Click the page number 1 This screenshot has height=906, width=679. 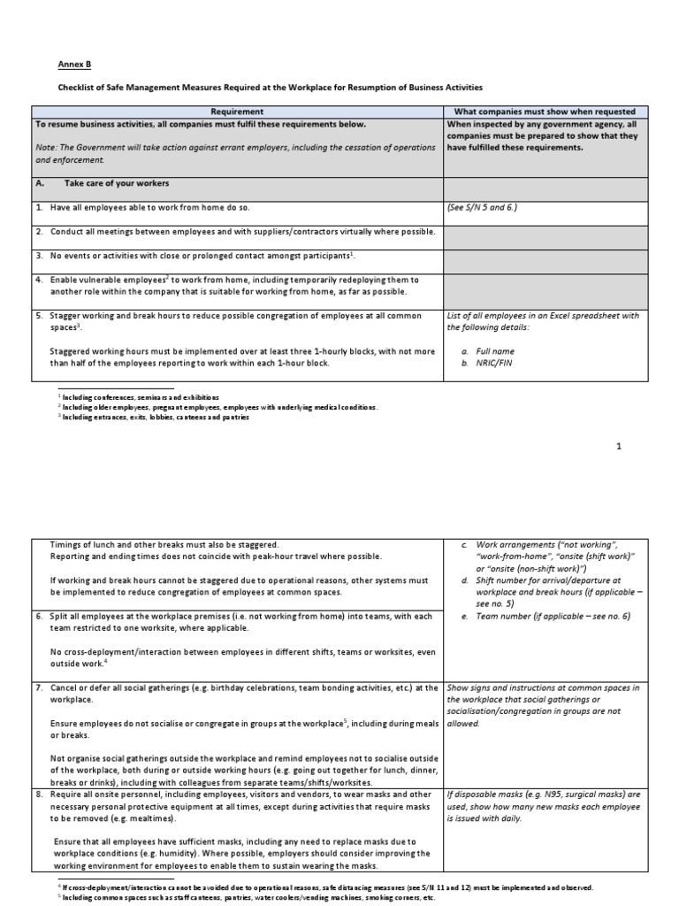pyautogui.click(x=619, y=446)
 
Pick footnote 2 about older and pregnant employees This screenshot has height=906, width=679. pyautogui.click(x=216, y=407)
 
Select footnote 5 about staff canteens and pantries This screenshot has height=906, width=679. pyautogui.click(x=248, y=897)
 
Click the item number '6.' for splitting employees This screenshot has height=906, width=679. pyautogui.click(x=40, y=616)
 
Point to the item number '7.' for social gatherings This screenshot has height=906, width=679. pyautogui.click(x=40, y=687)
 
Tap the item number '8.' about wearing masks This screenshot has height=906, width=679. pyautogui.click(x=40, y=795)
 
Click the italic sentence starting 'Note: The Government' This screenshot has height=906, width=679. pyautogui.click(x=235, y=154)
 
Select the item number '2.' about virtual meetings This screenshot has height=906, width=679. pyautogui.click(x=40, y=231)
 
